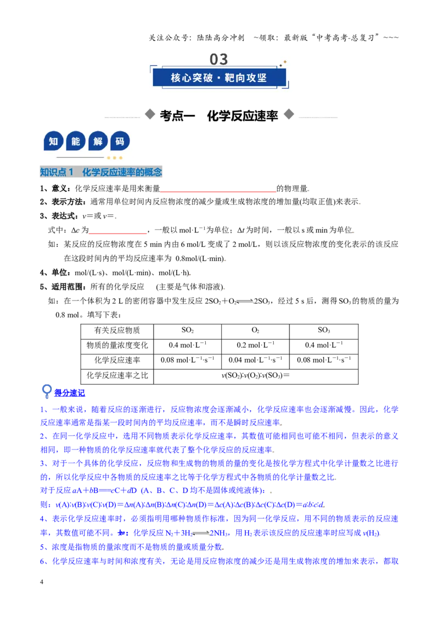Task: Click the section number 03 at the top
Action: click(x=219, y=59)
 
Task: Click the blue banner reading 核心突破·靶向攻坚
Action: click(x=219, y=77)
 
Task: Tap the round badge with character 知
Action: click(x=53, y=141)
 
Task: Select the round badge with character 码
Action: click(x=120, y=141)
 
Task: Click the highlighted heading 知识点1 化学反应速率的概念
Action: click(x=101, y=172)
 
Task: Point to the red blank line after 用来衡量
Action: click(x=218, y=192)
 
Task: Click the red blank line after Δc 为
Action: click(x=117, y=234)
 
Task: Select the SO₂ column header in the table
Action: click(x=188, y=330)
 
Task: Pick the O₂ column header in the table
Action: click(x=256, y=330)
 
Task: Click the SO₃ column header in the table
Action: click(x=324, y=330)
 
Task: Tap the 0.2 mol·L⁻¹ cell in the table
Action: click(x=256, y=345)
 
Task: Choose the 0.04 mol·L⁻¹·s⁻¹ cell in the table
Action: click(x=256, y=360)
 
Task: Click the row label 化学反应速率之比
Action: click(x=117, y=375)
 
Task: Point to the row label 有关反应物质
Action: click(x=117, y=330)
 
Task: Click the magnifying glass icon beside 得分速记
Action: click(x=47, y=392)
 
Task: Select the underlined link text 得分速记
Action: click(x=70, y=393)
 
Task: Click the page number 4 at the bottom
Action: click(x=42, y=582)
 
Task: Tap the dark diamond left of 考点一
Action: click(x=150, y=114)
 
